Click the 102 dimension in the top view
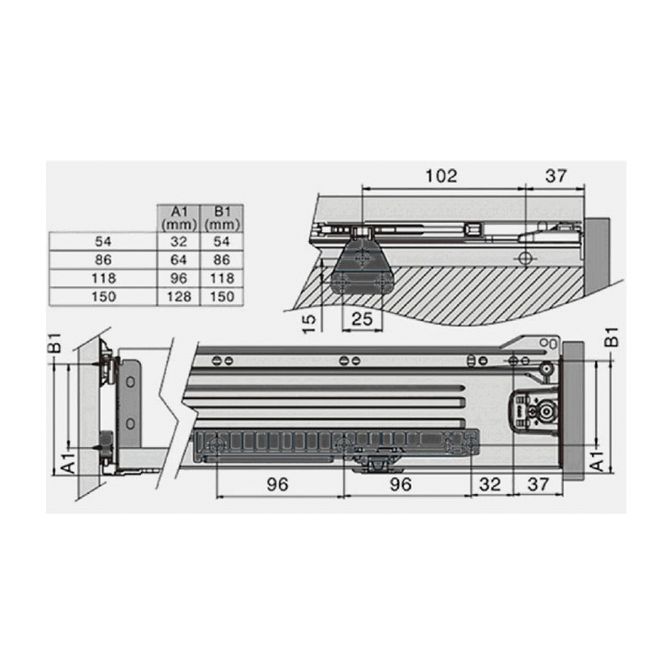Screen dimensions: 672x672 [441, 176]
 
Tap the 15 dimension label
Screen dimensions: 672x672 [309, 323]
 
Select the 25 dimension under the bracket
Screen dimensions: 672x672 [362, 319]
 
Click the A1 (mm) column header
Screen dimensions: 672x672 [179, 218]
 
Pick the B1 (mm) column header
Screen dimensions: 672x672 [222, 218]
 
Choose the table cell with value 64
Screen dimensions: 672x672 [179, 260]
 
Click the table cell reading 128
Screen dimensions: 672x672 [179, 297]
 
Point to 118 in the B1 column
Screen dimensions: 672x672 [222, 278]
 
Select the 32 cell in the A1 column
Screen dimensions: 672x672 [179, 242]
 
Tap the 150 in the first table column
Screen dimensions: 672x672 [103, 297]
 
